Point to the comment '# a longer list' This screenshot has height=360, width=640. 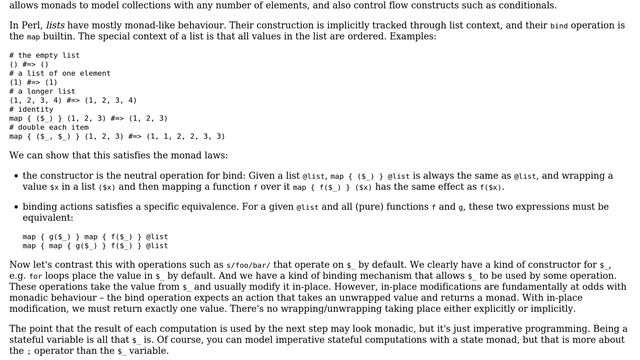click(42, 91)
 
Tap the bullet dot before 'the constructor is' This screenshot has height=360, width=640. click(14, 176)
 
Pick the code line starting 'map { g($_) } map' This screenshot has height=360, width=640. click(95, 237)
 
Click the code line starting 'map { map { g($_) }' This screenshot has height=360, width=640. click(95, 246)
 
